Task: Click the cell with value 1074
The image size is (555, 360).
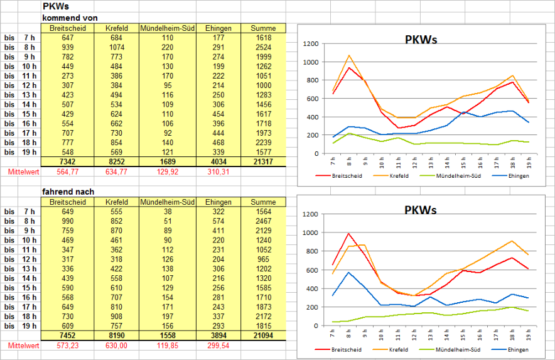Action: pos(117,47)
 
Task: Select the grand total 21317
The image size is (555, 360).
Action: pos(263,161)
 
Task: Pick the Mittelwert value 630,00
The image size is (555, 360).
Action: pos(117,346)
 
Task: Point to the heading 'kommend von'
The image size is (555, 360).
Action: pos(70,18)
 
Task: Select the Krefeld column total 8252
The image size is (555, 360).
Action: pos(117,161)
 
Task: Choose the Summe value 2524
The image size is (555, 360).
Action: pos(263,47)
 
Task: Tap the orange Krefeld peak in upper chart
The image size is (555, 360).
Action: pos(349,55)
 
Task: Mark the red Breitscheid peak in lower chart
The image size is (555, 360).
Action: pos(348,234)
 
